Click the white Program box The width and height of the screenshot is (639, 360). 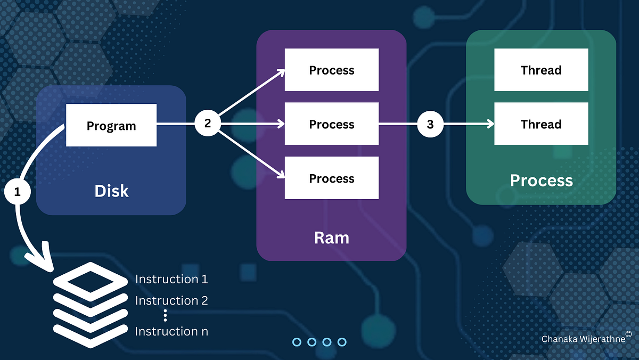tap(111, 125)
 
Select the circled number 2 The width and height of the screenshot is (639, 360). tap(208, 124)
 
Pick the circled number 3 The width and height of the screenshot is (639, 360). tap(430, 124)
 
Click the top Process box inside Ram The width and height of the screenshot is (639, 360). tap(331, 70)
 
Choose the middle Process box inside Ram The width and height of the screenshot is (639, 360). tap(331, 124)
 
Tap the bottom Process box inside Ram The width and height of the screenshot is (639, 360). tap(331, 178)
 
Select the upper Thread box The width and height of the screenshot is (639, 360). tap(541, 70)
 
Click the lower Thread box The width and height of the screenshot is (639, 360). tap(541, 124)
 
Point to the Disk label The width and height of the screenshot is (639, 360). tap(111, 191)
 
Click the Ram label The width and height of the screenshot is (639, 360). tap(331, 238)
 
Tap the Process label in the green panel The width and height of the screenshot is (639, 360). tap(541, 181)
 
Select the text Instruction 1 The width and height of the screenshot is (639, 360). tap(171, 279)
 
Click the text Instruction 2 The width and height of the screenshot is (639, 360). tap(171, 300)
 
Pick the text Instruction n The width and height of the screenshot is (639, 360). tap(171, 331)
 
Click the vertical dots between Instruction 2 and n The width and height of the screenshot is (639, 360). tap(165, 316)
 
